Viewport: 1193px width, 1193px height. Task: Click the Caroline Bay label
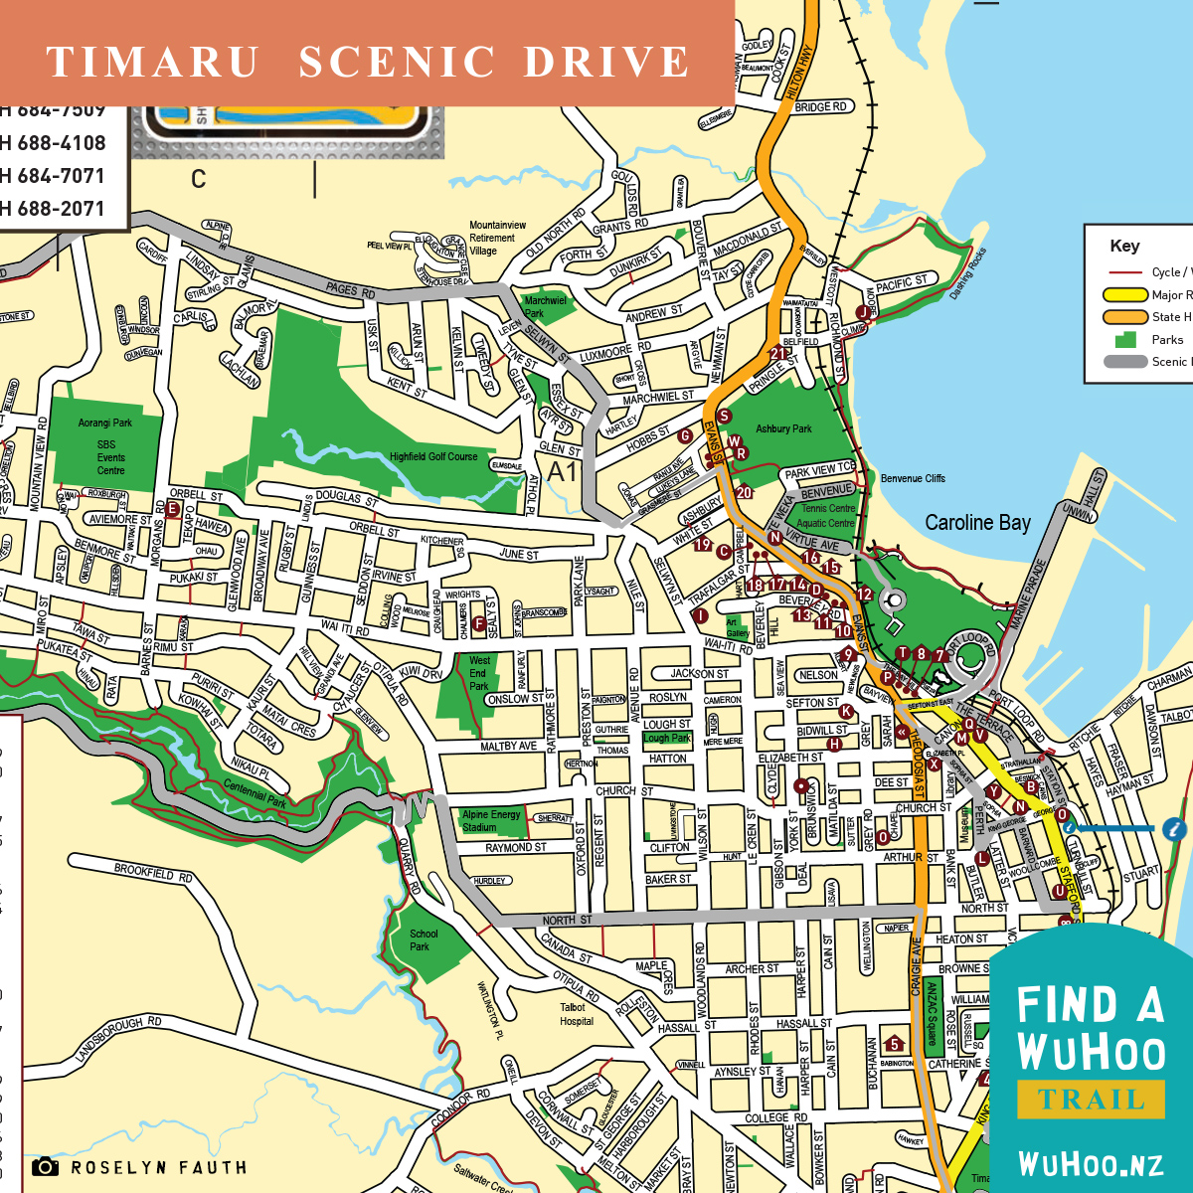tap(977, 523)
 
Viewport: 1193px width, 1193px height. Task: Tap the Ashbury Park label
tap(783, 429)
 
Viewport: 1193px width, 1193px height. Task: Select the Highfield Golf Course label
tap(433, 457)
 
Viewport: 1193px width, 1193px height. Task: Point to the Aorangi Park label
tap(105, 424)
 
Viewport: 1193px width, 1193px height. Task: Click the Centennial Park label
tap(255, 793)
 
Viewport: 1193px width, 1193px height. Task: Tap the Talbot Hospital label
tap(577, 1014)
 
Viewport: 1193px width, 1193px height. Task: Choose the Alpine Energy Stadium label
tap(491, 820)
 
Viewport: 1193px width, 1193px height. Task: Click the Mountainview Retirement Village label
tap(497, 238)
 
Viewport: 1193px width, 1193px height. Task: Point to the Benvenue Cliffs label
tap(913, 478)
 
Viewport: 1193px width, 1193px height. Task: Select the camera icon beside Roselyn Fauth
tap(45, 1167)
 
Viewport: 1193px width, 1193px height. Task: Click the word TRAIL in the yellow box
tap(1091, 1100)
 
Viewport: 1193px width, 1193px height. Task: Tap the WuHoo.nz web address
tap(1091, 1164)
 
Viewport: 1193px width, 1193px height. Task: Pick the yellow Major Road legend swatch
tap(1125, 295)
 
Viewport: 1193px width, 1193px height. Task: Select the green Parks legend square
tap(1126, 339)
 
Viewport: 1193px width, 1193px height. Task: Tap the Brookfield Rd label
tap(153, 873)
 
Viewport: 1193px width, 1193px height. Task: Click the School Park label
tap(424, 940)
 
